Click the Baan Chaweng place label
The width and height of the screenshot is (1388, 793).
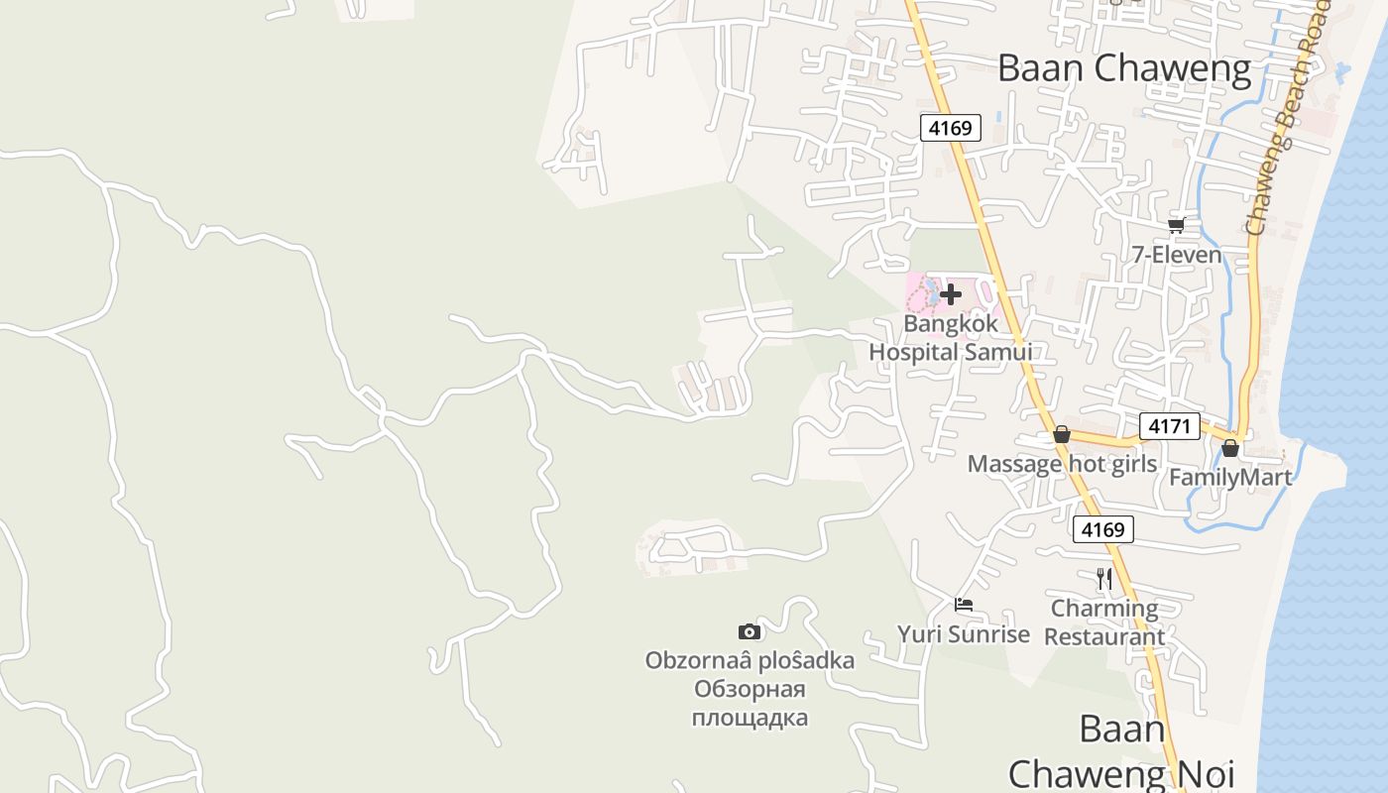tap(1124, 68)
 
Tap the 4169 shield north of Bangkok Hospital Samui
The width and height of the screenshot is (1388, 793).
tap(950, 128)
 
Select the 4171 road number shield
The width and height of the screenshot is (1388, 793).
tap(1169, 426)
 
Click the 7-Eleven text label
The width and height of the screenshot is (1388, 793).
tap(1177, 255)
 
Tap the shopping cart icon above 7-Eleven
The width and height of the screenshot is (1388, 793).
tap(1177, 225)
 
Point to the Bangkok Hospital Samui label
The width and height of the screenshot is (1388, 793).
tap(950, 338)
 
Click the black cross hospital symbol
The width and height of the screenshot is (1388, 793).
tap(951, 293)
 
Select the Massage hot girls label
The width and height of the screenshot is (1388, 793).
tap(1062, 464)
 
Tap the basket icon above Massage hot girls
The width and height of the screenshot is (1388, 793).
tap(1062, 434)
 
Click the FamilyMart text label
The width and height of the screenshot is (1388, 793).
tap(1230, 478)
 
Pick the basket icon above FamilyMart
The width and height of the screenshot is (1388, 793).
tap(1230, 448)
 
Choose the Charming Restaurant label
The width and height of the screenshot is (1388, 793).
tap(1104, 623)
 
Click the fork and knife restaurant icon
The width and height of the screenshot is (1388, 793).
tap(1104, 578)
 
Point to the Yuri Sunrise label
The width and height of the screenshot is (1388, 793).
tap(964, 634)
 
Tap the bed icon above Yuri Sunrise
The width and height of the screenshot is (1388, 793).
tap(964, 605)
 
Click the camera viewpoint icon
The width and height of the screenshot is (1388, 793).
tap(750, 631)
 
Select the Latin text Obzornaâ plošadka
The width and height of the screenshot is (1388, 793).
tap(750, 660)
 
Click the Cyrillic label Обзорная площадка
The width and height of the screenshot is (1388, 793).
tap(750, 704)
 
